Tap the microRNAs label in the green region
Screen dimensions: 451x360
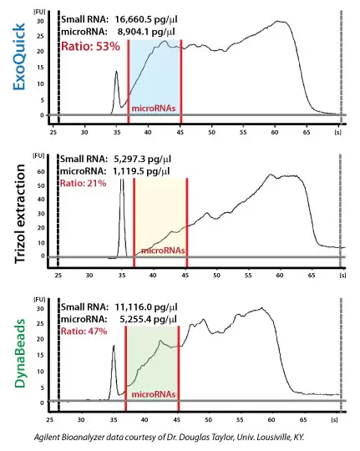click(151, 393)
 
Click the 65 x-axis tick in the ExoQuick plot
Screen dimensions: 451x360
click(306, 131)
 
